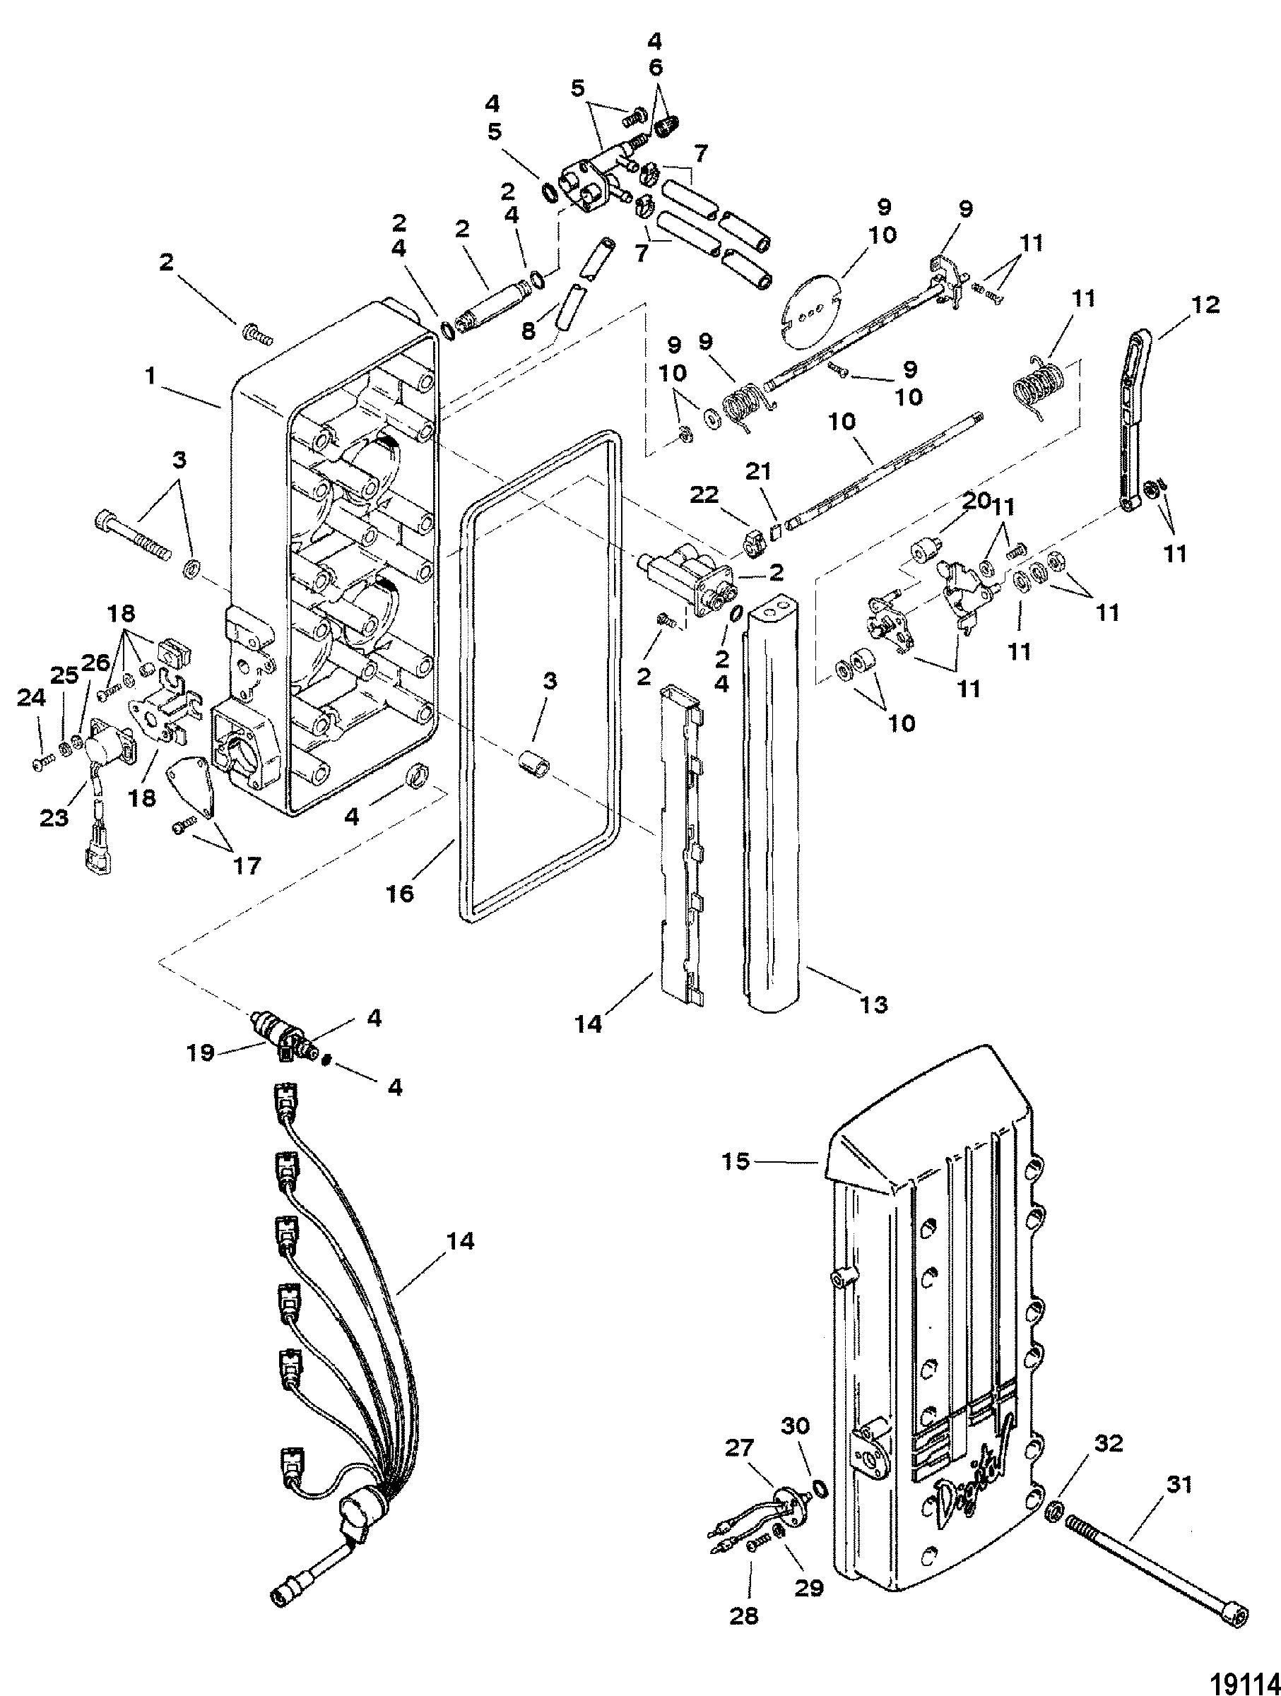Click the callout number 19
coord(201,1052)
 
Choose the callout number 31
coord(1179,1486)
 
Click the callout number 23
coord(54,818)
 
